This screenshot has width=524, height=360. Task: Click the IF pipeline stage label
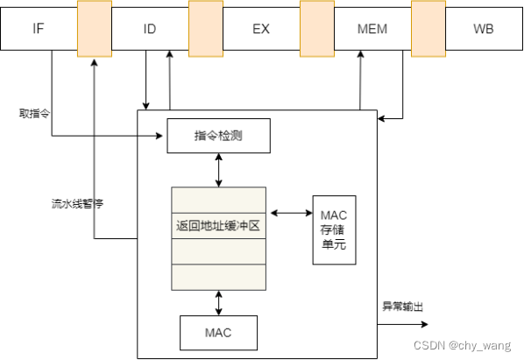tap(39, 29)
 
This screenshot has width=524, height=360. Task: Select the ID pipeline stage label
tap(149, 29)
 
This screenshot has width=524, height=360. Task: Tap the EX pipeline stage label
tap(261, 29)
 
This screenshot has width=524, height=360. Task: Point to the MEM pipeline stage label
tap(372, 29)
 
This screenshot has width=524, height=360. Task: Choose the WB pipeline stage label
tap(484, 29)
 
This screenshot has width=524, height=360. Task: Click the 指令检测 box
tap(218, 136)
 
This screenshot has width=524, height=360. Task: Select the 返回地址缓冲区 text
tap(218, 225)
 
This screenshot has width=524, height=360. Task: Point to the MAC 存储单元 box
tap(334, 229)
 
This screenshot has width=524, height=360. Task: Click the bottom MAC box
tap(218, 333)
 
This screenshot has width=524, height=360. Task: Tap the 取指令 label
tap(34, 113)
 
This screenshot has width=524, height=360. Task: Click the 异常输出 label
tap(402, 307)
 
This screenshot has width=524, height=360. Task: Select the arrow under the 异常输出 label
tap(399, 323)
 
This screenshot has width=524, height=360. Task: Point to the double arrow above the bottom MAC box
tap(218, 302)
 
